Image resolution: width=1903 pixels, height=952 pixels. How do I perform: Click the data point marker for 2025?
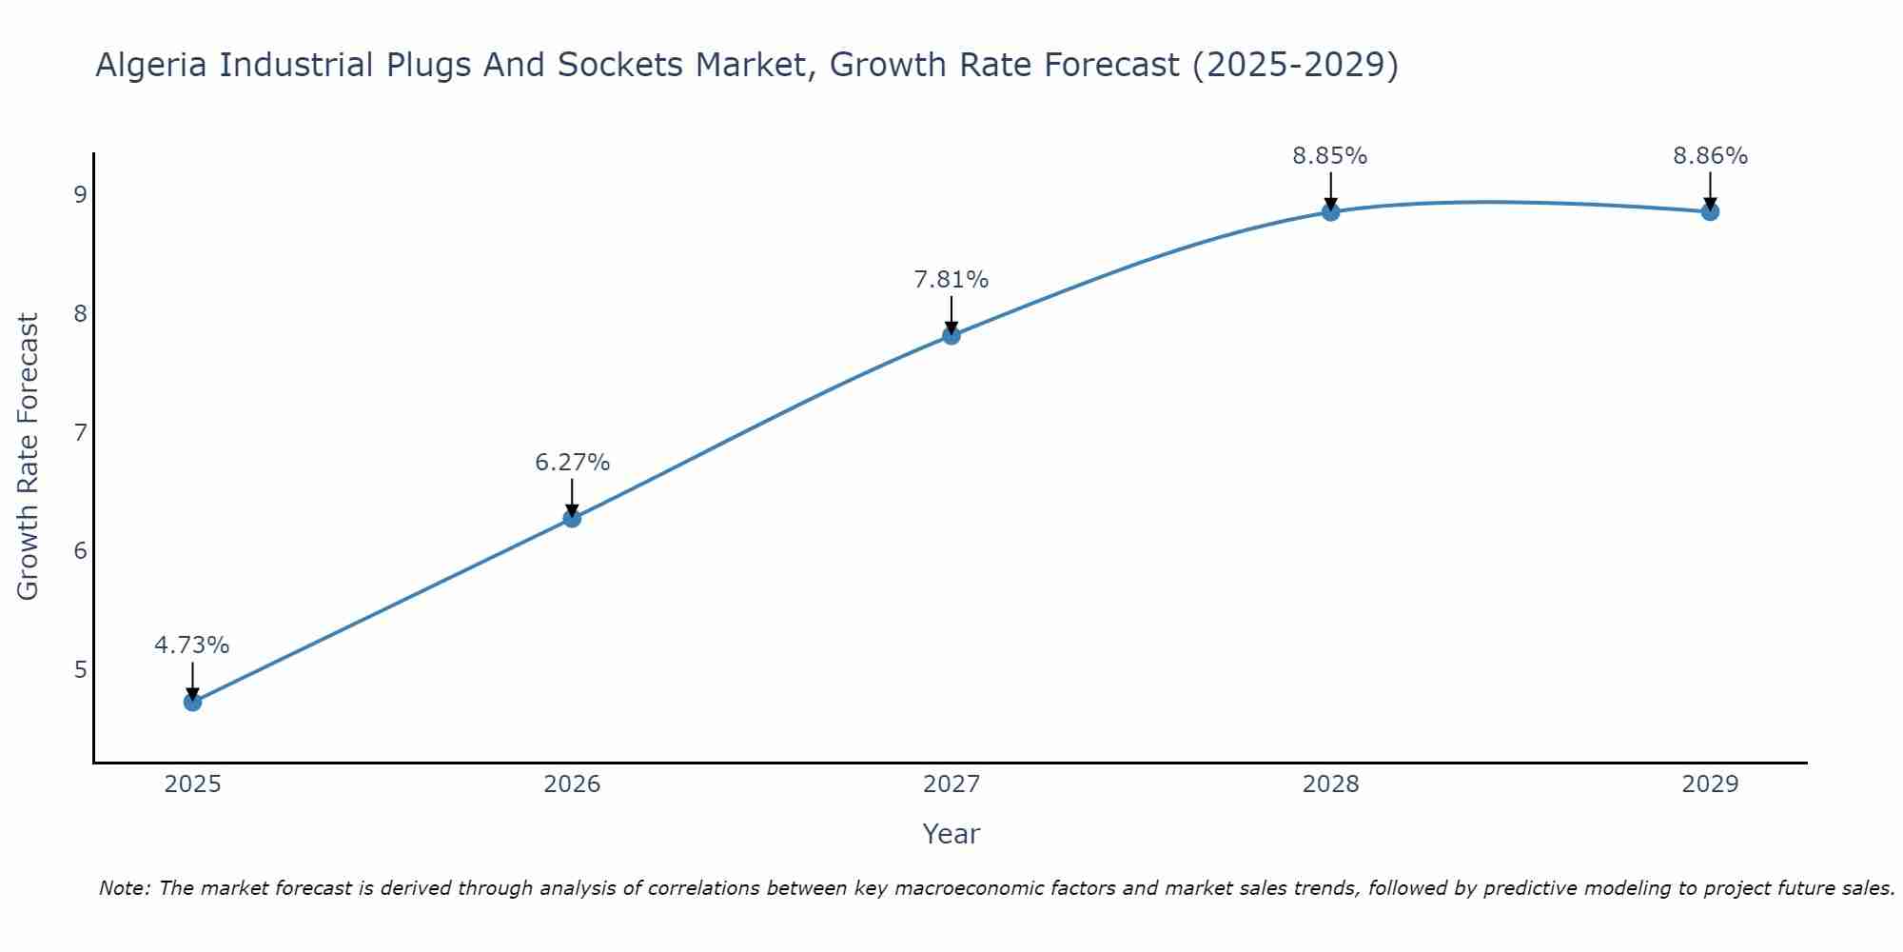point(192,703)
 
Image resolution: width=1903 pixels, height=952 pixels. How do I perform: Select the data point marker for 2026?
point(572,518)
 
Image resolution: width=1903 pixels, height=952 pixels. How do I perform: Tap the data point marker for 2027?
point(951,335)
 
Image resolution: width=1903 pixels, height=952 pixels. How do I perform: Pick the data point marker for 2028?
point(1330,211)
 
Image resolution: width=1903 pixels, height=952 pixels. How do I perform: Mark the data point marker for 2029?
point(1710,211)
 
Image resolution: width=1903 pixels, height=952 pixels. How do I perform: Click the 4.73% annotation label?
point(192,645)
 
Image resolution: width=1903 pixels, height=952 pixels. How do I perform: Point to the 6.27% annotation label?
point(572,462)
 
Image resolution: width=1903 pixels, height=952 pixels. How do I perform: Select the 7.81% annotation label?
point(951,279)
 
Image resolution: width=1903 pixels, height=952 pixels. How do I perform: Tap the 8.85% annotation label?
point(1330,155)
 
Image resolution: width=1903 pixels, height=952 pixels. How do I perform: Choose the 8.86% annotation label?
point(1710,155)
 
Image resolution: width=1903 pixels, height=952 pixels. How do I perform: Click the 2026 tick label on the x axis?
point(572,784)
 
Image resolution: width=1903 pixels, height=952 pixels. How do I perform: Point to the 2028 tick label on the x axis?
point(1330,784)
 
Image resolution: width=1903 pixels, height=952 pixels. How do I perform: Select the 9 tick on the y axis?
point(80,194)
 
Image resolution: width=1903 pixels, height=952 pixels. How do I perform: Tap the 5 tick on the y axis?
point(80,669)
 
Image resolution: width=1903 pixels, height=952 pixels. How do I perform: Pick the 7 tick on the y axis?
point(80,432)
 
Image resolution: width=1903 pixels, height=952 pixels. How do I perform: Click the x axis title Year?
point(951,834)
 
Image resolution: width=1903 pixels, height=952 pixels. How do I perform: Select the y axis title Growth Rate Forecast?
point(29,457)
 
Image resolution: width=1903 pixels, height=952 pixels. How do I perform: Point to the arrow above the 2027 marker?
point(951,314)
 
